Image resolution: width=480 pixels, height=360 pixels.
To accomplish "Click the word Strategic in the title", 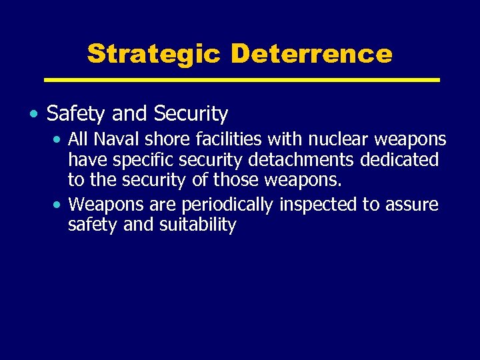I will point(153,53).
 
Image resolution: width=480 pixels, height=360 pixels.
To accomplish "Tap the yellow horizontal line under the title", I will point(241,80).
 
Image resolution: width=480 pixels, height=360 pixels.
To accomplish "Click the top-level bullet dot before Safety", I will point(33,115).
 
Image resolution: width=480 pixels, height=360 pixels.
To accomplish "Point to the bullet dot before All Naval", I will point(59,140).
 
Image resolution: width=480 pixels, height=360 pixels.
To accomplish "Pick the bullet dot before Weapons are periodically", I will point(59,204).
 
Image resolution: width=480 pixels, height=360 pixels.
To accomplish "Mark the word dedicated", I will point(401,160).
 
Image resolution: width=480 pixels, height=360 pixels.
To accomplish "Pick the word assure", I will point(412,204).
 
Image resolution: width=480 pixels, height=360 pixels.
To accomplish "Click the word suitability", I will point(198,225).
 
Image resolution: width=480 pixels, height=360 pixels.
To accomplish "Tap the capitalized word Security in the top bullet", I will point(191,115).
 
